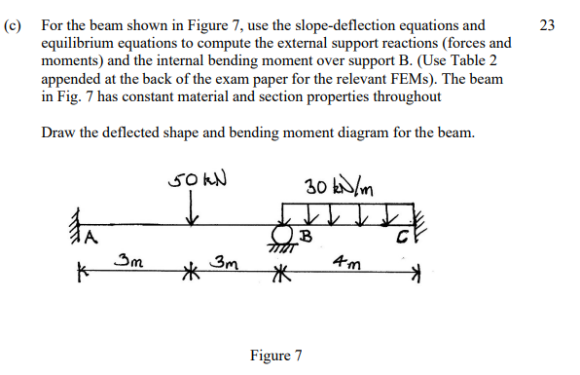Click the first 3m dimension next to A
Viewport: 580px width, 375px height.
(x=127, y=260)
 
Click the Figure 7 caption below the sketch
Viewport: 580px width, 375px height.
(x=275, y=356)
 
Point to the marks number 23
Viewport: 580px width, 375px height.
(x=547, y=24)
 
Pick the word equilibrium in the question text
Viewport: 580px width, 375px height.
(x=81, y=44)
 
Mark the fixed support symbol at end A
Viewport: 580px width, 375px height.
(x=75, y=231)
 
